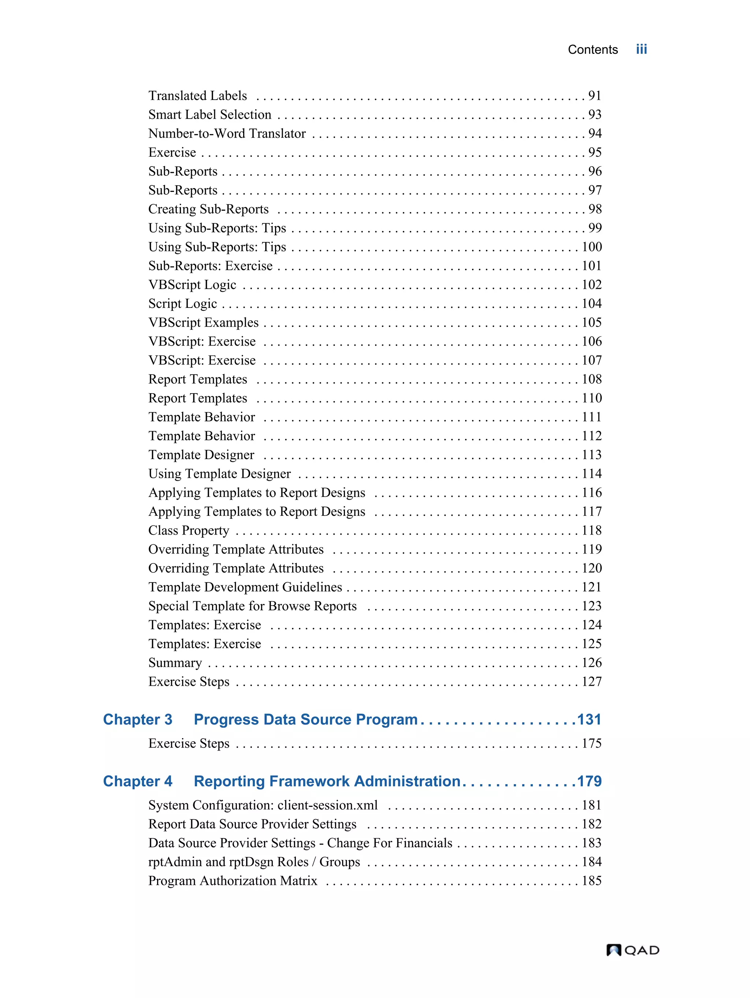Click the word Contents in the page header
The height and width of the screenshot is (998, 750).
coord(592,50)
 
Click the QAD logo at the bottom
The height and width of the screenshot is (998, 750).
coord(632,950)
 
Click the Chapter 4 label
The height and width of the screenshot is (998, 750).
coord(138,781)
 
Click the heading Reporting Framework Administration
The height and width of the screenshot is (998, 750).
coord(327,781)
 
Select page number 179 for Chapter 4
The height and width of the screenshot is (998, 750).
coord(589,781)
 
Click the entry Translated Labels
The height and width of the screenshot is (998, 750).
coord(198,96)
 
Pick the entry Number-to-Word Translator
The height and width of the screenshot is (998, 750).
coord(227,134)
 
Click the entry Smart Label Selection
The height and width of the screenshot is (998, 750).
coord(210,115)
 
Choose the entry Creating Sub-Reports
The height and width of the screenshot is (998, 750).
coord(208,209)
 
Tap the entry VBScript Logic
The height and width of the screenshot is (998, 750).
coord(192,285)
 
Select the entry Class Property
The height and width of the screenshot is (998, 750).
coord(189,530)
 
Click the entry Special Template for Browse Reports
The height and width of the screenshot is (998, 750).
coord(252,606)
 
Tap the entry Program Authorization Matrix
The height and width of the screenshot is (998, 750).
coord(233,881)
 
